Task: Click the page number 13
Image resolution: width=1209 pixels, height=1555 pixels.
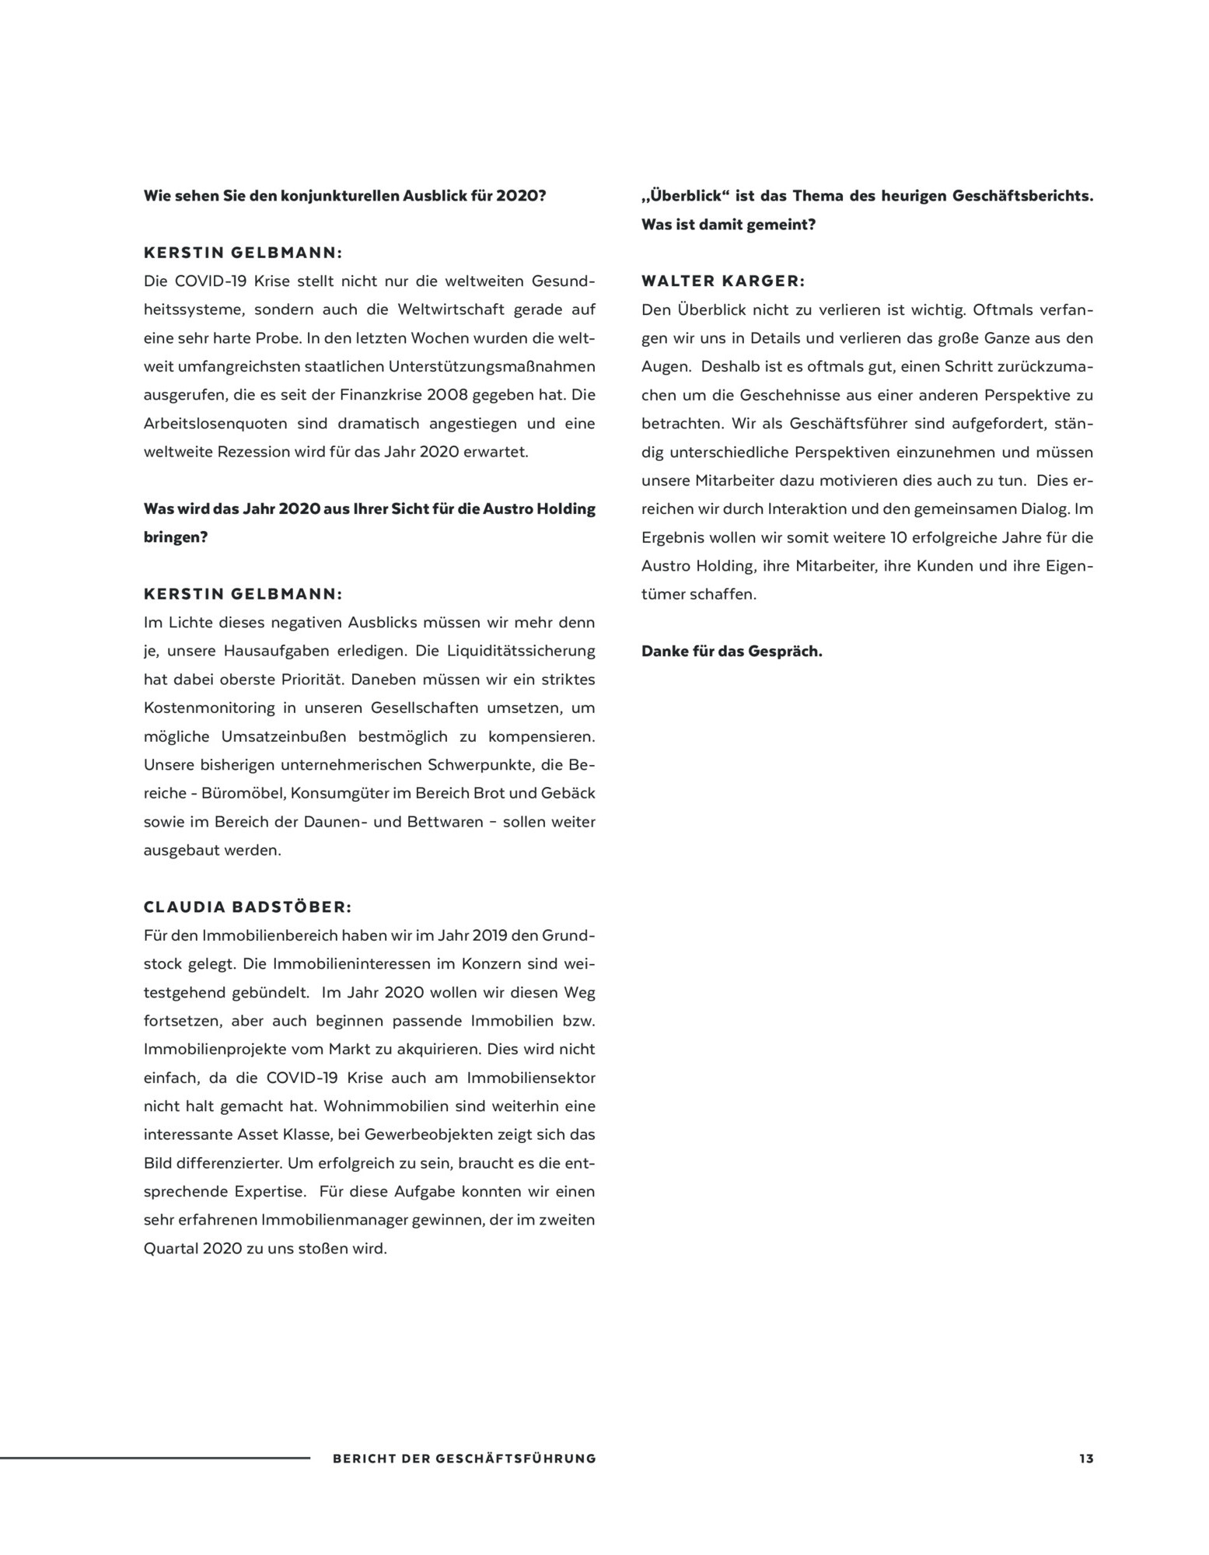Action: click(x=1085, y=1459)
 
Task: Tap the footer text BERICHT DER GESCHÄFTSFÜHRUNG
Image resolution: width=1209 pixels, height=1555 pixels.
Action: click(x=464, y=1459)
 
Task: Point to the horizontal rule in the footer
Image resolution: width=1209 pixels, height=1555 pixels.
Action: click(x=155, y=1458)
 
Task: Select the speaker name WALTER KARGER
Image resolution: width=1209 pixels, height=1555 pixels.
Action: click(x=723, y=281)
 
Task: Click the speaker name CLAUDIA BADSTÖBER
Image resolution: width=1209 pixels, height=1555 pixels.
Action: click(x=247, y=907)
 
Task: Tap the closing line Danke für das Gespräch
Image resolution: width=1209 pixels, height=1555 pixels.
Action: click(x=732, y=652)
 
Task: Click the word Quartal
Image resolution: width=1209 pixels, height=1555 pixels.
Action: click(x=169, y=1249)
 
